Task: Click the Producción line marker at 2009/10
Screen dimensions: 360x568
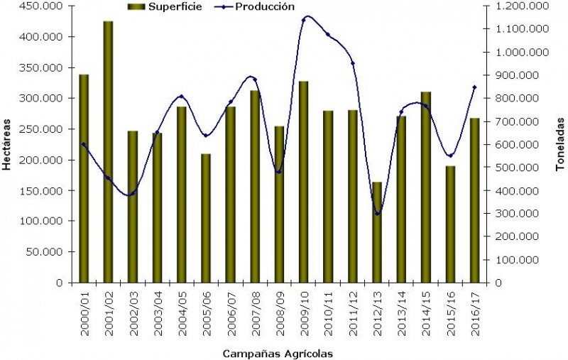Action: (304, 19)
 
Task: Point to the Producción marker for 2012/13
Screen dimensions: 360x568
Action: (378, 213)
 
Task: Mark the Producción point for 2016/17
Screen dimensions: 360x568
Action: (474, 87)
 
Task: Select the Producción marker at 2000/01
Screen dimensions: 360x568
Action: (84, 144)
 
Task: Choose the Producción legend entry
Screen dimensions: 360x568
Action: (261, 6)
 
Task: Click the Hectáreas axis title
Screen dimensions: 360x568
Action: (6, 144)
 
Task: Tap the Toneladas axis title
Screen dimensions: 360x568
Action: (559, 144)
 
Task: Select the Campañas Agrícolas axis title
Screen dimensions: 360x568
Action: (278, 353)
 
